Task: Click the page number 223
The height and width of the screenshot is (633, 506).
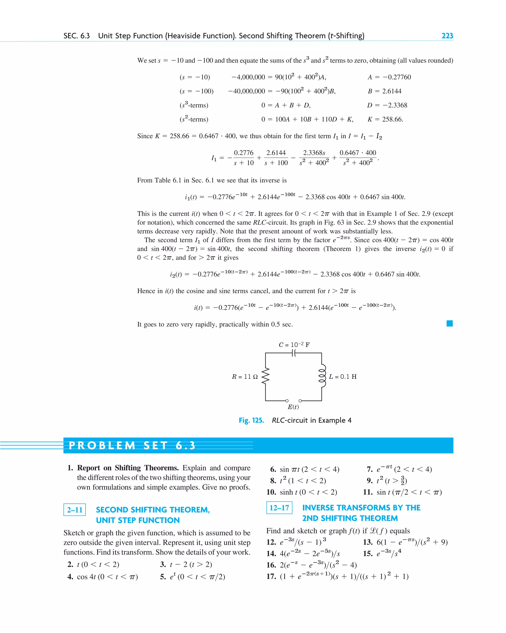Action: click(447, 36)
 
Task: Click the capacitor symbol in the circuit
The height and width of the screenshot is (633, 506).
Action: click(294, 353)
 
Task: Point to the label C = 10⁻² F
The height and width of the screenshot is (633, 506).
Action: click(294, 344)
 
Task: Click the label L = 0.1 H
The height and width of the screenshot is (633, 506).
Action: click(342, 376)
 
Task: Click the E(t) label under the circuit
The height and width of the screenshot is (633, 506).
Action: click(293, 407)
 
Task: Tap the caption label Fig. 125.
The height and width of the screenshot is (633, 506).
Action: click(251, 420)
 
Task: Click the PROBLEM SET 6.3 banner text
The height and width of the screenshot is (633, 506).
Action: click(132, 445)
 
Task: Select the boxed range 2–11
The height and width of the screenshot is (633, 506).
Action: click(75, 510)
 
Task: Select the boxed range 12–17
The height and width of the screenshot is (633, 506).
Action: click(279, 508)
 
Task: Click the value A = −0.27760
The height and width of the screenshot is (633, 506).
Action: click(389, 77)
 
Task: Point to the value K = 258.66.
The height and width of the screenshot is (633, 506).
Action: click(385, 119)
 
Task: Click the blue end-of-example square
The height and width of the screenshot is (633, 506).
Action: click(449, 324)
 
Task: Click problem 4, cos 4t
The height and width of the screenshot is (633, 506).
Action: click(103, 577)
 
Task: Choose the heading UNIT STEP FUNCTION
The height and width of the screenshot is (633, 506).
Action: click(138, 520)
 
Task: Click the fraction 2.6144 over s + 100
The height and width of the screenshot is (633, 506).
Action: click(276, 158)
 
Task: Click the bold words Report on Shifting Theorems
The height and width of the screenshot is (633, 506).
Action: click(128, 468)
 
